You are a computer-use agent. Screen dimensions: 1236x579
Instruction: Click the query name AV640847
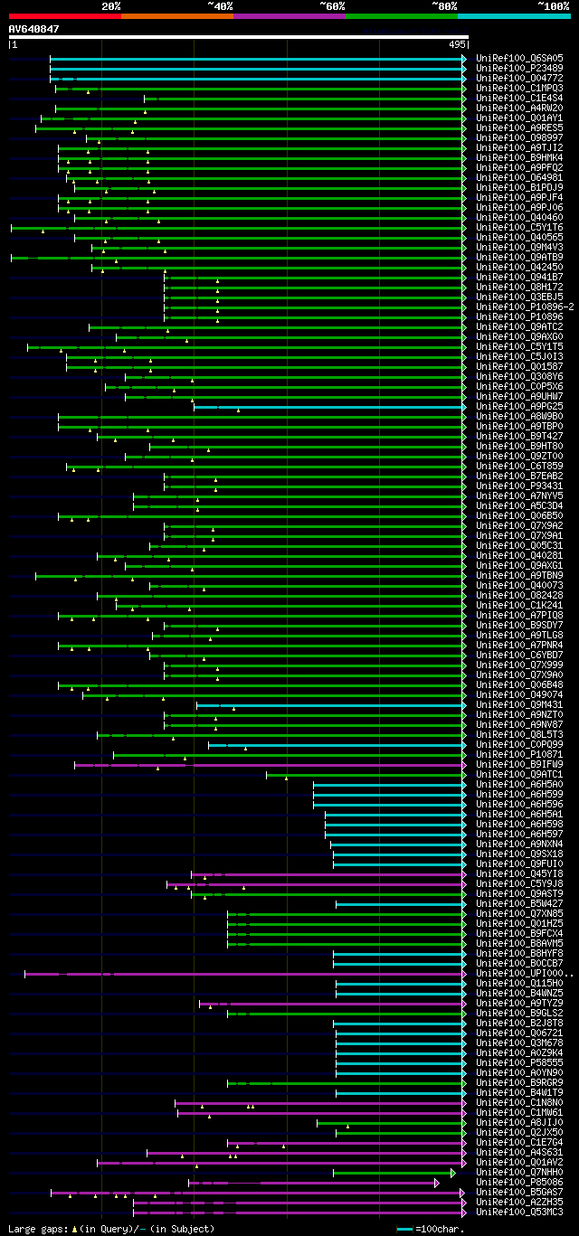(34, 29)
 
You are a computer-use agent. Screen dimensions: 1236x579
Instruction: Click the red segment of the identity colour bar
(64, 16)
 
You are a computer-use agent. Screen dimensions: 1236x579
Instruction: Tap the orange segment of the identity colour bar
(176, 16)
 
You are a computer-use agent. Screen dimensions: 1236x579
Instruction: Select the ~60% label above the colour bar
(332, 6)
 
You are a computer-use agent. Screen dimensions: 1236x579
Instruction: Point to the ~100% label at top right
(553, 6)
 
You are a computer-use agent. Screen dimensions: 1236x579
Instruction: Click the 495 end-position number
(457, 43)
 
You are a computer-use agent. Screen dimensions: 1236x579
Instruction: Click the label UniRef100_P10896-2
(525, 307)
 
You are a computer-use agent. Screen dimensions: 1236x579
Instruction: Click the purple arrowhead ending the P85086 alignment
(437, 1182)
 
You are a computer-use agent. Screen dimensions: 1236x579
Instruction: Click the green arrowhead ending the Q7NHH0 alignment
(453, 1172)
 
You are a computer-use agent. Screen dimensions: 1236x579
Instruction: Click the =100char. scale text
(441, 1229)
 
